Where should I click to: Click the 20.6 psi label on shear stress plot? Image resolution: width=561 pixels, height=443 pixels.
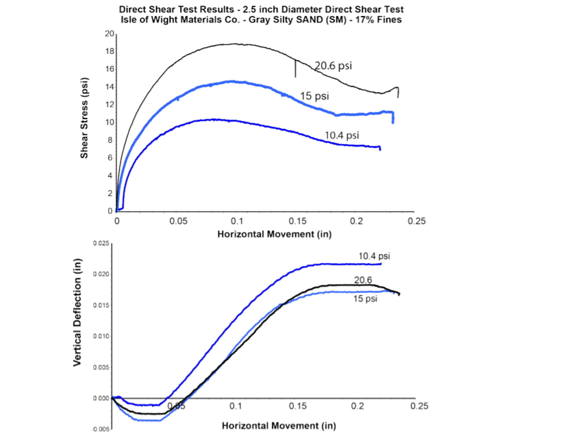pyautogui.click(x=333, y=66)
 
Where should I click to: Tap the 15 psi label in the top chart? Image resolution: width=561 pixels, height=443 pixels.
pyautogui.click(x=314, y=96)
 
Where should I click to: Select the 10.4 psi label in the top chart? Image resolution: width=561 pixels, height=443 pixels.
pyautogui.click(x=342, y=135)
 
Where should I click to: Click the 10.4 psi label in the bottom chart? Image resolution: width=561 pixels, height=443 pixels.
pyautogui.click(x=374, y=256)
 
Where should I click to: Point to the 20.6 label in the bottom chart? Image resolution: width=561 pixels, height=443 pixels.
pyautogui.click(x=363, y=280)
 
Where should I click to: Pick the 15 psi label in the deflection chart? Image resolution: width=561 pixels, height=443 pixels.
pyautogui.click(x=365, y=298)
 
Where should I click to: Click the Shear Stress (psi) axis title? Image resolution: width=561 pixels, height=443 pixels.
pyautogui.click(x=84, y=118)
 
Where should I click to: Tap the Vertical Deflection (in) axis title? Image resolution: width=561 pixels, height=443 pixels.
pyautogui.click(x=77, y=312)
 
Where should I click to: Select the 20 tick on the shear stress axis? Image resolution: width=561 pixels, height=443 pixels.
pyautogui.click(x=109, y=34)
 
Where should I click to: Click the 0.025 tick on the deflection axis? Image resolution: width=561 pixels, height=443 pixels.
pyautogui.click(x=101, y=243)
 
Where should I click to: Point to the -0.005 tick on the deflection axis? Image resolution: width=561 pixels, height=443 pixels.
pyautogui.click(x=100, y=429)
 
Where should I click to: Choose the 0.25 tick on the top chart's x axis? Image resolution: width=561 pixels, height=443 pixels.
pyautogui.click(x=416, y=221)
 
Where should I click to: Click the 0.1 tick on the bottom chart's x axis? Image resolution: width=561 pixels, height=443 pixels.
pyautogui.click(x=236, y=406)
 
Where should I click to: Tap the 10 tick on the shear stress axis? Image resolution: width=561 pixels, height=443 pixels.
pyautogui.click(x=109, y=122)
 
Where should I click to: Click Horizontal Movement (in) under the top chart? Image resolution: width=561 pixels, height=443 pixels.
pyautogui.click(x=274, y=234)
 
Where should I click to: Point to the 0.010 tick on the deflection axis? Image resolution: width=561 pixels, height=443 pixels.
pyautogui.click(x=101, y=336)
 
